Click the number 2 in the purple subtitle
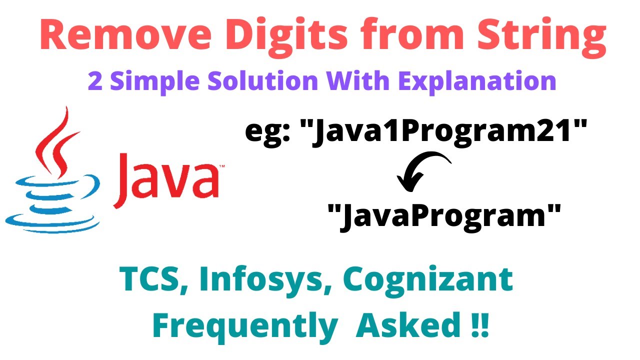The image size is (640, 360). pos(95,81)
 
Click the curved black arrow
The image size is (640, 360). pos(422,172)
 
